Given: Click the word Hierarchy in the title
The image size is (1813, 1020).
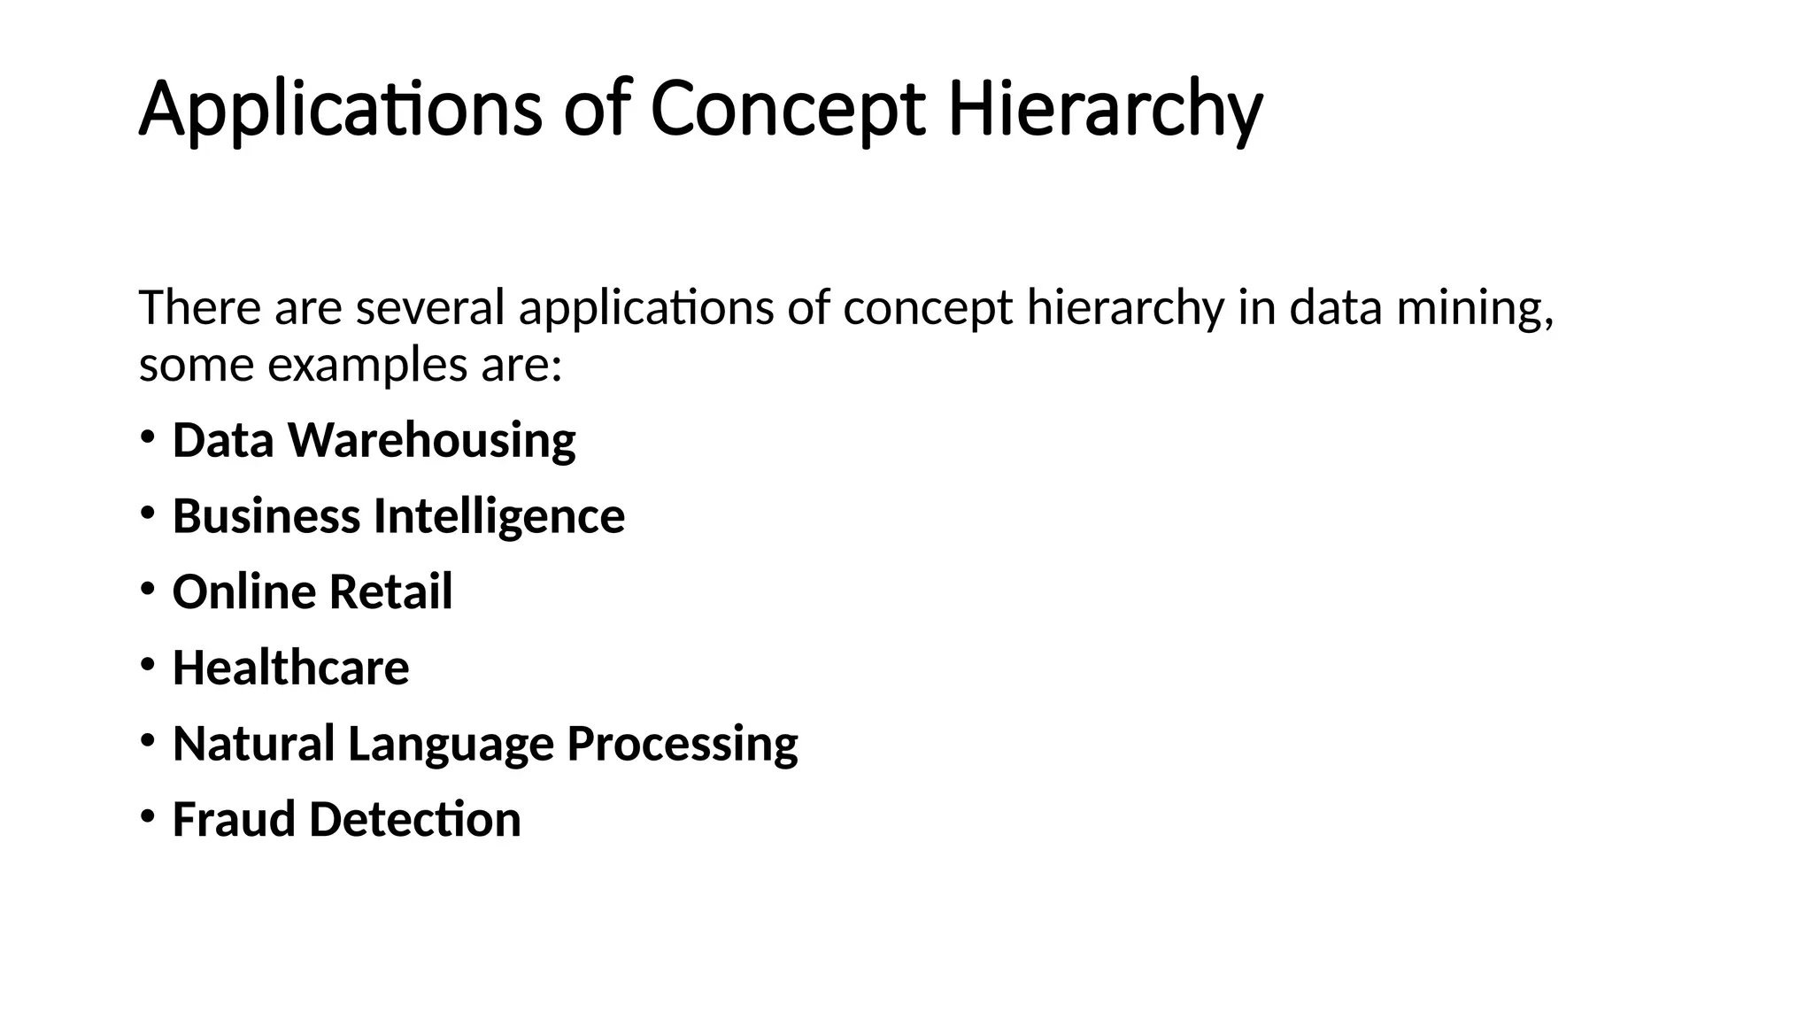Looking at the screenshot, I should (1105, 110).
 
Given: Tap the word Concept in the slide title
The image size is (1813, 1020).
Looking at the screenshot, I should (788, 110).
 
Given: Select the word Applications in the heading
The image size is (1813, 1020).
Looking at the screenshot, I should (340, 110).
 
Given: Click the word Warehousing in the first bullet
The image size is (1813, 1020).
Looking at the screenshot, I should (432, 440).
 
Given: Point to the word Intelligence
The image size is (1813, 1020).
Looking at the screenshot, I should (499, 516).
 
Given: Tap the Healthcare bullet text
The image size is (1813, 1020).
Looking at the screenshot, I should (290, 668).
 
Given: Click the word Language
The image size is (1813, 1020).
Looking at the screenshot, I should (451, 744).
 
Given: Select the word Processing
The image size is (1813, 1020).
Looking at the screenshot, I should (682, 744).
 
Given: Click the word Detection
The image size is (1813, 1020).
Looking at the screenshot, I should (415, 819).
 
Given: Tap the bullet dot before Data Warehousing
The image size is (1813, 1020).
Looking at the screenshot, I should (147, 437).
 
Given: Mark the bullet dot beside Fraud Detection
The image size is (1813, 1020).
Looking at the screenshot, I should (147, 815).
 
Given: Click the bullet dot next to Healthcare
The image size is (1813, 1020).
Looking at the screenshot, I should (147, 664).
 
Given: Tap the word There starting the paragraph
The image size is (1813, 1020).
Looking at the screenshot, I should (200, 308).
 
